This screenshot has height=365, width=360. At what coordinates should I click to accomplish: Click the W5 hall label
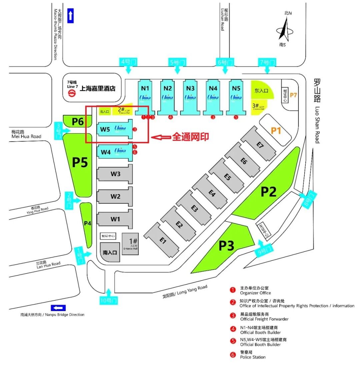[105, 129]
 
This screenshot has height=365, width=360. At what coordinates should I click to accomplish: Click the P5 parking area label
[80, 163]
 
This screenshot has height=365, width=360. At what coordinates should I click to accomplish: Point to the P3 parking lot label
[226, 245]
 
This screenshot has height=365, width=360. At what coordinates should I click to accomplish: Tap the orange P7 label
[293, 95]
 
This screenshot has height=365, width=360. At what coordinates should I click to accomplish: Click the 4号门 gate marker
[128, 62]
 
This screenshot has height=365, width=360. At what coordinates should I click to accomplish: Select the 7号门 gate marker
[267, 62]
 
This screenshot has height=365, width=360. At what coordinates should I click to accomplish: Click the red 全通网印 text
[190, 137]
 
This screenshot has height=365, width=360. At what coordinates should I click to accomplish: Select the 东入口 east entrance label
[262, 91]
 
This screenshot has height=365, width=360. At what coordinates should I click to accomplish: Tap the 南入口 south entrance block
[110, 252]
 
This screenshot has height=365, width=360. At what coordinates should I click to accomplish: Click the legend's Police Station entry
[253, 355]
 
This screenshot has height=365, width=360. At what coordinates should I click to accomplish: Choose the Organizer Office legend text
[255, 290]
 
